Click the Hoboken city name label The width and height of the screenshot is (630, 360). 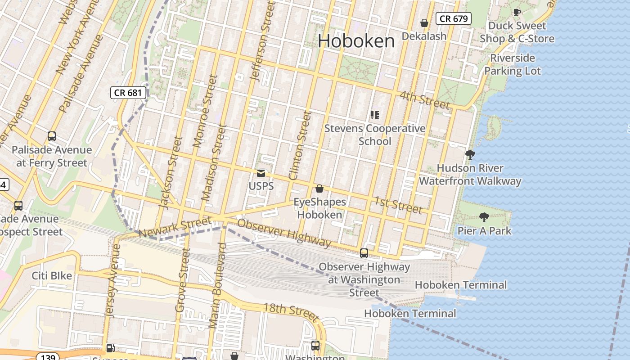click(x=356, y=41)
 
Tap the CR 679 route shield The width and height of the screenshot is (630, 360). click(x=454, y=18)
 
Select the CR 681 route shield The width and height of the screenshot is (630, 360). click(x=129, y=93)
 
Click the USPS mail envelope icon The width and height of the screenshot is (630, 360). click(x=261, y=173)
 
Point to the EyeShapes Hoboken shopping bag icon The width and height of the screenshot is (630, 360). click(x=319, y=189)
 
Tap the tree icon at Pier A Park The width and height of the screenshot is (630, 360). click(x=484, y=218)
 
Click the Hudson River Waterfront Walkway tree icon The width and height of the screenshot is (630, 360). click(x=470, y=155)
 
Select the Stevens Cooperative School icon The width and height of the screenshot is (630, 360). click(x=375, y=115)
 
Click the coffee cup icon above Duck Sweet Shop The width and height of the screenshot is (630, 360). click(x=517, y=12)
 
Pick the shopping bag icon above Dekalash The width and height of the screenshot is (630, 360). click(x=424, y=23)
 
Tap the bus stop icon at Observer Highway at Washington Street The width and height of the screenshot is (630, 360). click(x=364, y=253)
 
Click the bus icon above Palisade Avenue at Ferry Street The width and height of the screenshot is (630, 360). click(x=52, y=136)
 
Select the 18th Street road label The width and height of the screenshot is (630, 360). click(x=291, y=310)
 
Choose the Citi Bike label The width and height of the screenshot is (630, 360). click(x=52, y=275)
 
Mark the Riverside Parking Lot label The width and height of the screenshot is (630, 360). click(x=513, y=64)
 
